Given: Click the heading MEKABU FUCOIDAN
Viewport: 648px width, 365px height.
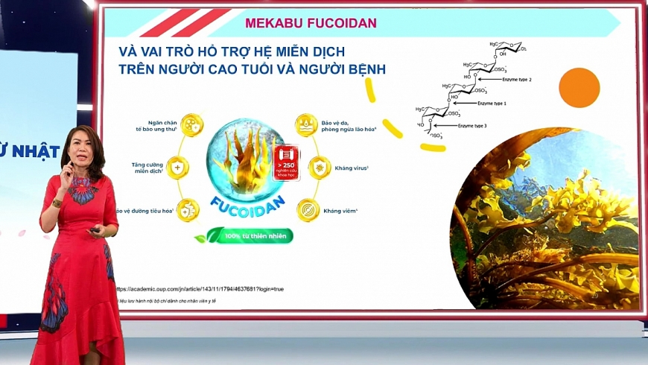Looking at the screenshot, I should [x=311, y=23].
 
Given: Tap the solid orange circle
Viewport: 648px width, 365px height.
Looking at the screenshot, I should [x=579, y=87].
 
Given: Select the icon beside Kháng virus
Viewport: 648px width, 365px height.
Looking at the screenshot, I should [x=320, y=168].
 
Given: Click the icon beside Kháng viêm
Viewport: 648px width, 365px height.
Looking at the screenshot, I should [x=308, y=211].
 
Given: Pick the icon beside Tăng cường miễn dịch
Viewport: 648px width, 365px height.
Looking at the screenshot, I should [x=178, y=166].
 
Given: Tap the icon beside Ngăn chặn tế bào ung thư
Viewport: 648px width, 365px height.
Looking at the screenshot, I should [x=191, y=124].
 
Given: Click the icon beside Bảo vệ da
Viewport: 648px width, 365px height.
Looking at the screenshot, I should [x=307, y=124].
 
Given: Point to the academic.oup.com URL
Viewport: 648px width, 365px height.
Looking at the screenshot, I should [x=200, y=288].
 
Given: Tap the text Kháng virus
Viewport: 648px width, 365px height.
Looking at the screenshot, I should [x=352, y=168].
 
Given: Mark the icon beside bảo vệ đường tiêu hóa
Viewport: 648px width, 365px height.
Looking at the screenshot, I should [x=188, y=210].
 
